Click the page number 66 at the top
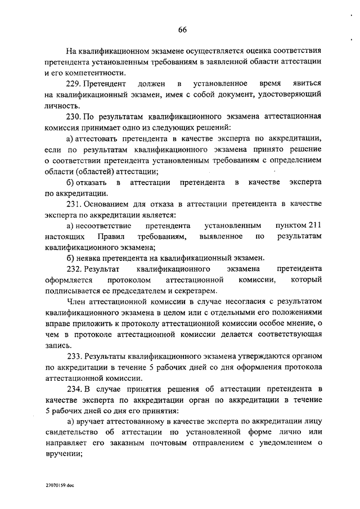[183, 30]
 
